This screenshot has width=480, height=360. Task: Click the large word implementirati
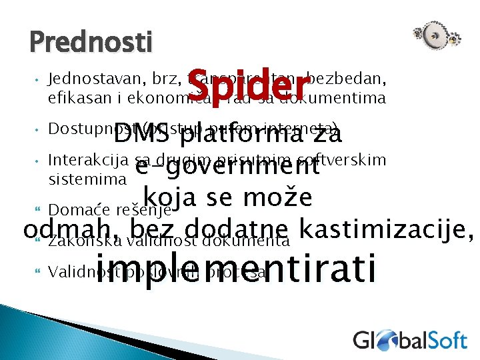tap(237, 268)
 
